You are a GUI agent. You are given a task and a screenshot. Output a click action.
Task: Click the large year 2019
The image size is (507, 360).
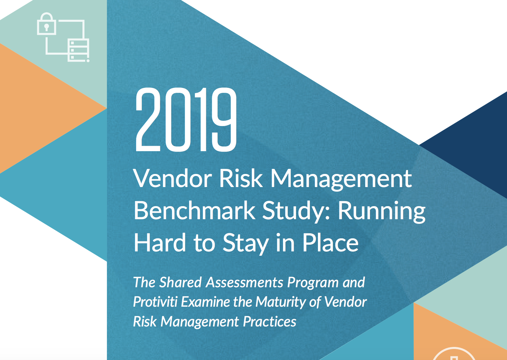pyautogui.click(x=186, y=119)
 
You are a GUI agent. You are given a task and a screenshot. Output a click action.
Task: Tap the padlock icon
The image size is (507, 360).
pyautogui.click(x=46, y=23)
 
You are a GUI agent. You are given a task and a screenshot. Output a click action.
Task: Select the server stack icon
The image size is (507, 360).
pyautogui.click(x=78, y=50)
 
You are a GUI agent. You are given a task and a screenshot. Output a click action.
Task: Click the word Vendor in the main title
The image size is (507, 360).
pyautogui.click(x=173, y=179)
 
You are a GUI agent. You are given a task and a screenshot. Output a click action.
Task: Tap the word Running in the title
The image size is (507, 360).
pyautogui.click(x=382, y=212)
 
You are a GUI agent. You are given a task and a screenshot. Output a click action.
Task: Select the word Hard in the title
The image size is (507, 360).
pyautogui.click(x=160, y=242)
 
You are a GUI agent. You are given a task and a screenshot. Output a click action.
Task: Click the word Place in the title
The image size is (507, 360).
pyautogui.click(x=331, y=242)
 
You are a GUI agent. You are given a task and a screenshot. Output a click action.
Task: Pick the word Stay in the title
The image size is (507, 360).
pyautogui.click(x=246, y=244)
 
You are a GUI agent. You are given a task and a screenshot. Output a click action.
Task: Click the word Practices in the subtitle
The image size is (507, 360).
pyautogui.click(x=270, y=321)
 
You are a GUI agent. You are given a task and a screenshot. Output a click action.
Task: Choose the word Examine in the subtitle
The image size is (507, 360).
pyautogui.click(x=205, y=302)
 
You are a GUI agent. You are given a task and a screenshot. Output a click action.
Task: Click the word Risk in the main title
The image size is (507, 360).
pyautogui.click(x=241, y=179)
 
